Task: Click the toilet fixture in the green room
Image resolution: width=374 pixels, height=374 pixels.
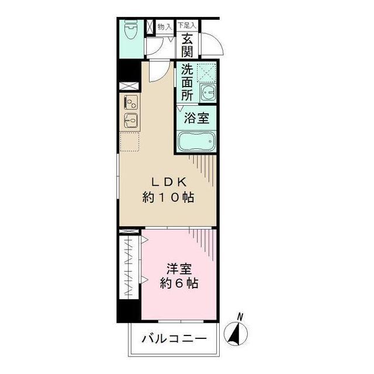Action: [x=131, y=31]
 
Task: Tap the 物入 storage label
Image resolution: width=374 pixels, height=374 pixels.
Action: [x=165, y=26]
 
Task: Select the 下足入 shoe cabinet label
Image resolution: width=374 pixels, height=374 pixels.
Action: [x=187, y=26]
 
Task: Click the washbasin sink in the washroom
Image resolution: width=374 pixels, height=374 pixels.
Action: [x=207, y=92]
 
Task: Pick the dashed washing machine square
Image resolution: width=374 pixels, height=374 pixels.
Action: [x=206, y=72]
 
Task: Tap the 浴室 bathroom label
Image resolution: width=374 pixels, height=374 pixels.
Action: [x=197, y=119]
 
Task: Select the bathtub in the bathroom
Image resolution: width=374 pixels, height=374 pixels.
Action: [x=196, y=142]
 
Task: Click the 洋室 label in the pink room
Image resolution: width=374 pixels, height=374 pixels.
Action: [x=179, y=270]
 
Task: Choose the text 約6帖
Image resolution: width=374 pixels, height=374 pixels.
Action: [x=179, y=285]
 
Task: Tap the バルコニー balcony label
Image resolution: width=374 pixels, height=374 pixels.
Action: [x=174, y=338]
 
